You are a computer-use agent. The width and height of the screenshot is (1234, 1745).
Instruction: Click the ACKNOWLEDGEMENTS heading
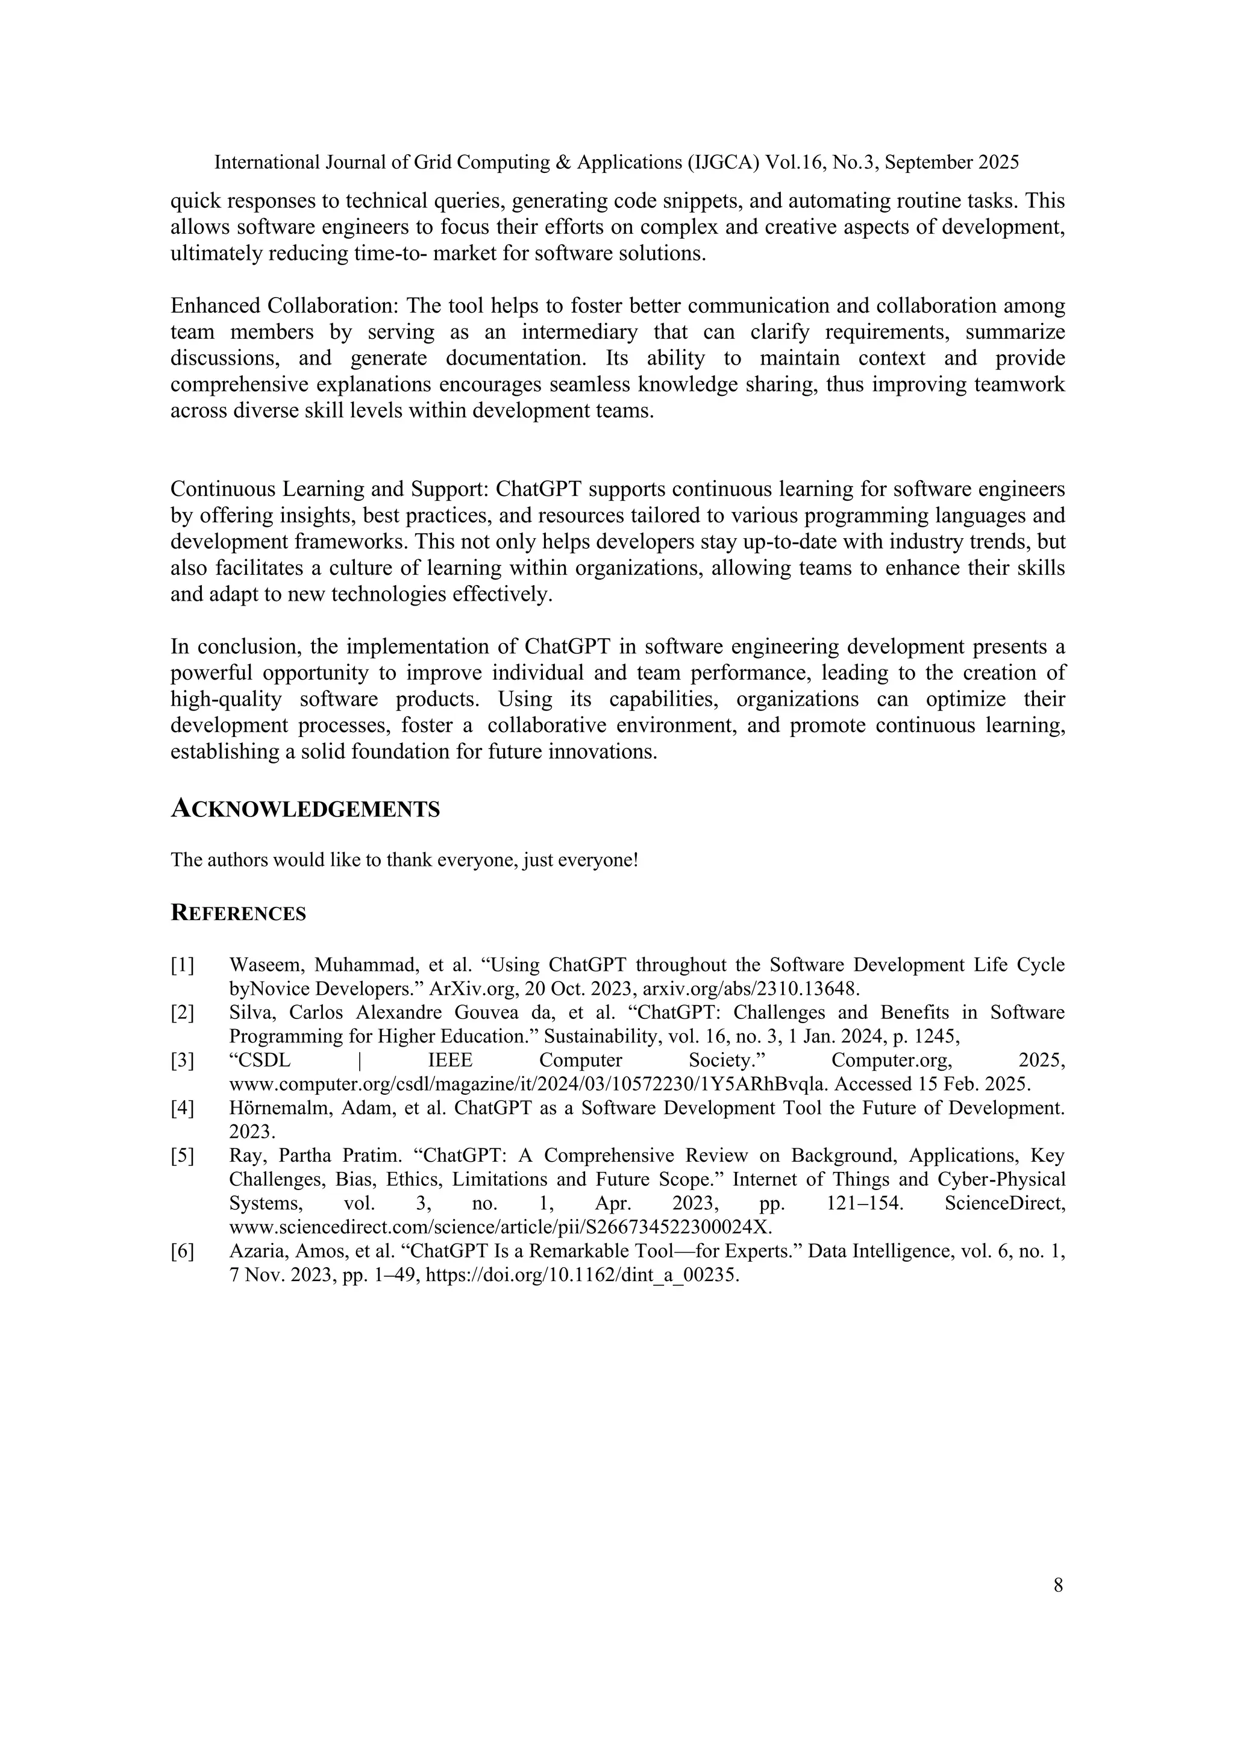pyautogui.click(x=305, y=809)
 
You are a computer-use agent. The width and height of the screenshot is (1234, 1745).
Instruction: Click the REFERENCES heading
pyautogui.click(x=238, y=913)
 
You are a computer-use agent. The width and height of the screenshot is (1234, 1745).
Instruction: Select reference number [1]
pyautogui.click(x=183, y=965)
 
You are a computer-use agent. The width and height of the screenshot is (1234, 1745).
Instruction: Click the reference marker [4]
pyautogui.click(x=183, y=1108)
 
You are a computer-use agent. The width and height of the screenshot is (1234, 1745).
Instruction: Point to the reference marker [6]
pyautogui.click(x=183, y=1251)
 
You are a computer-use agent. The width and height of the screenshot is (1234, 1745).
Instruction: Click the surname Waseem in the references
pyautogui.click(x=264, y=965)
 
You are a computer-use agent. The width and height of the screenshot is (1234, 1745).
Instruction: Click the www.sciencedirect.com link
pyautogui.click(x=500, y=1227)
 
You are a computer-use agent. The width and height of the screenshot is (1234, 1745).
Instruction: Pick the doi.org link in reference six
pyautogui.click(x=581, y=1276)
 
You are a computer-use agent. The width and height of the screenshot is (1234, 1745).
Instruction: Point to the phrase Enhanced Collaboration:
pyautogui.click(x=284, y=305)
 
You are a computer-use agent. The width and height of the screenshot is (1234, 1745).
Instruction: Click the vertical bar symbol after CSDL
pyautogui.click(x=359, y=1060)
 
